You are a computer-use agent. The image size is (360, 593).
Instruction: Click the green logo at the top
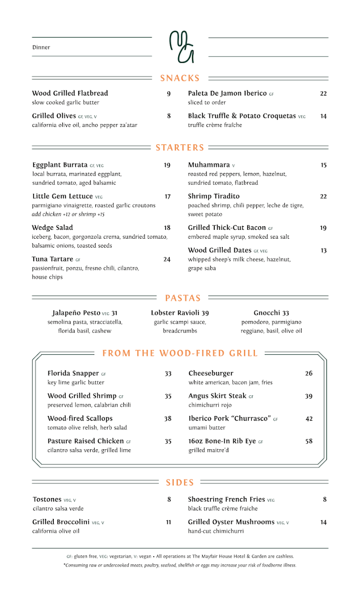tap(181, 47)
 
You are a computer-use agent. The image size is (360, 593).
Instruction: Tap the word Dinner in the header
tap(41, 47)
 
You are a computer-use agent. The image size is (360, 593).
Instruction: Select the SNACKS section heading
tap(180, 78)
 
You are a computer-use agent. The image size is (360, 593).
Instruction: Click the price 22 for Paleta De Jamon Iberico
tap(323, 93)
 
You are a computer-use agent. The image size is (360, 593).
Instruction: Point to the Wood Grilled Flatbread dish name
tap(70, 93)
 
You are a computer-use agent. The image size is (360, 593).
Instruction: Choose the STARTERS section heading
tap(180, 148)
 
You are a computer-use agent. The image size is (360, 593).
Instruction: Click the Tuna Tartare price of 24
tap(167, 259)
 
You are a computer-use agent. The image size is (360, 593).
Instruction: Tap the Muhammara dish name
tap(208, 165)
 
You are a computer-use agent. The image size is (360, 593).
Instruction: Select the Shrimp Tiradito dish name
tap(213, 196)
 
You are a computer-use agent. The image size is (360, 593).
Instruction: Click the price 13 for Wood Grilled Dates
tap(323, 251)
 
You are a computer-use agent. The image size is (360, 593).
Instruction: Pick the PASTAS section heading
tap(183, 298)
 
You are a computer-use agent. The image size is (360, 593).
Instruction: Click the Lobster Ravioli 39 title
tap(180, 313)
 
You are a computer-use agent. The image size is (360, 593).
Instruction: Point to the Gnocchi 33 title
tap(271, 313)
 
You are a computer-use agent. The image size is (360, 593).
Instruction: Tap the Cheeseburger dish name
tap(210, 374)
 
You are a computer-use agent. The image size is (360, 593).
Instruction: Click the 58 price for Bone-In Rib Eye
tap(309, 441)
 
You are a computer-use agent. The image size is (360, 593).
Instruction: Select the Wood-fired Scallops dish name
tap(80, 419)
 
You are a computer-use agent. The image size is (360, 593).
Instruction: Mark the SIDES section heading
tap(180, 483)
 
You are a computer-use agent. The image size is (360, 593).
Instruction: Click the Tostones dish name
tap(47, 500)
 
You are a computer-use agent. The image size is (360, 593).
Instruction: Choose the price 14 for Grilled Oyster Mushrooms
tap(323, 522)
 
